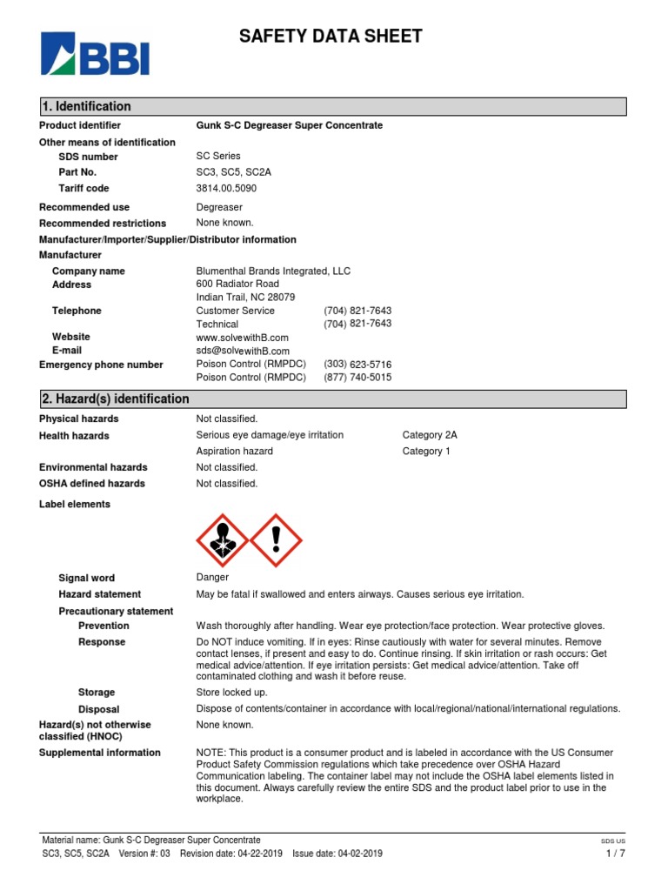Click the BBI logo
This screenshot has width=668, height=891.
(96, 53)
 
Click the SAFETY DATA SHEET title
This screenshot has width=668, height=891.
(331, 37)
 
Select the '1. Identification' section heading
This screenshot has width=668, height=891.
(86, 106)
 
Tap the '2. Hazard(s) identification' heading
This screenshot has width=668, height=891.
(115, 399)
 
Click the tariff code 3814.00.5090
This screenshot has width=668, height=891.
(226, 188)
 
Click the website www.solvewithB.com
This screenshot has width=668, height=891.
(243, 337)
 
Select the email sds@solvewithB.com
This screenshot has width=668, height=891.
(243, 351)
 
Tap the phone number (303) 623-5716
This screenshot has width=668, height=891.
(357, 365)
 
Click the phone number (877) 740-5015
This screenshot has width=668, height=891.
(357, 378)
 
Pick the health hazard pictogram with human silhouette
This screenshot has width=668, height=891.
(224, 539)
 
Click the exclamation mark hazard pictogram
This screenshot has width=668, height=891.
(276, 539)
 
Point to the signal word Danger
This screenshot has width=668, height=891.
(213, 577)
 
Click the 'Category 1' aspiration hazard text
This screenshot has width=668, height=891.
(426, 451)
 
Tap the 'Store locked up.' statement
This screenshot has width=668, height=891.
(230, 693)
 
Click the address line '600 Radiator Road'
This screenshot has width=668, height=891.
(237, 284)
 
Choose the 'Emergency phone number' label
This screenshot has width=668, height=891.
(101, 365)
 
